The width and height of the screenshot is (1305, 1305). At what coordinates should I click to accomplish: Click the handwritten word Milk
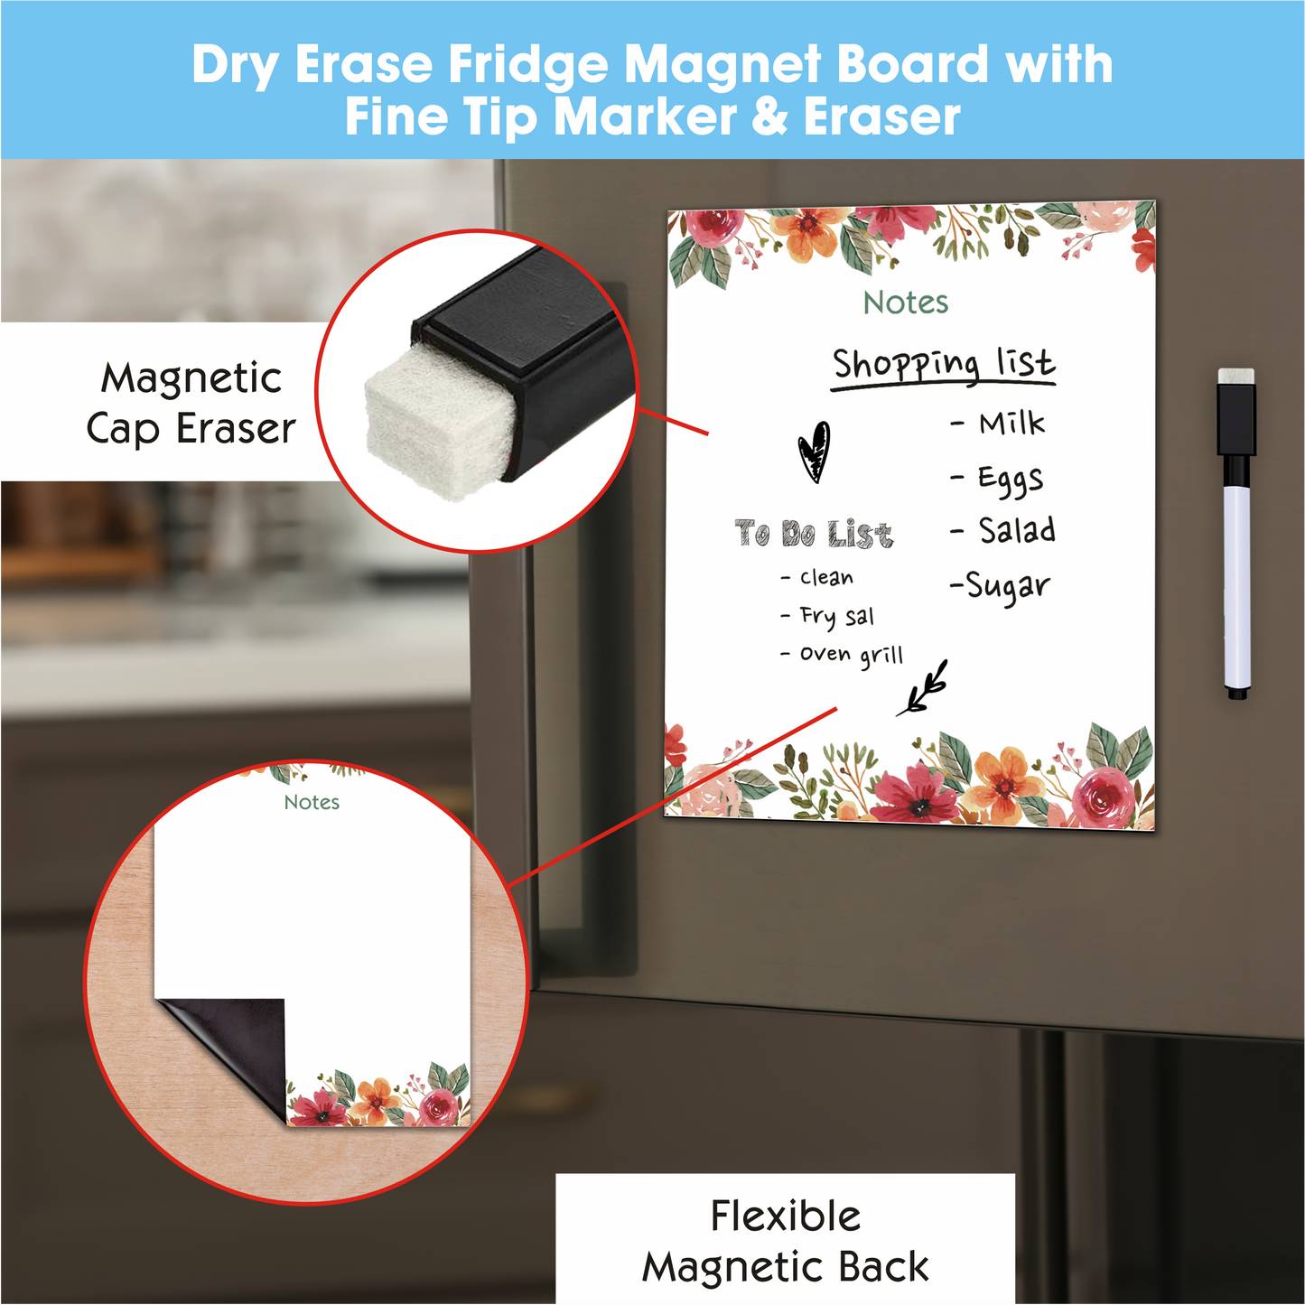pos(1011,424)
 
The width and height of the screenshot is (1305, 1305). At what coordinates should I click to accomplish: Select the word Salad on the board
pos(1017,530)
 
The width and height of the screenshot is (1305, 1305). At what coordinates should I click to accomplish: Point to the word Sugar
pos(1008,586)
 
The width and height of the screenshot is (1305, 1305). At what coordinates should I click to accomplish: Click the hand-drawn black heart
pos(813,452)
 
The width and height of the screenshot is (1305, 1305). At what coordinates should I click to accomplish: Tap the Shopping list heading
pos(944,366)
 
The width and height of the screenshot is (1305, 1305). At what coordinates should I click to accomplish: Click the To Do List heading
pos(814,533)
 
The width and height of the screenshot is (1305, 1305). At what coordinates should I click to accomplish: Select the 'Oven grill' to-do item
pos(852,655)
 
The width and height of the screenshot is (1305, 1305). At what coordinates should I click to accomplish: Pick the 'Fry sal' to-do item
pos(837,616)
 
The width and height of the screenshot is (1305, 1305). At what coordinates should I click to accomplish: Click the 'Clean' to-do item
pos(826,578)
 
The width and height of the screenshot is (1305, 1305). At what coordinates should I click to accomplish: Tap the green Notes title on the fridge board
pos(906,303)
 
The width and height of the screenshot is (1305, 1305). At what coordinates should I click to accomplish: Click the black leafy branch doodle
pos(923,688)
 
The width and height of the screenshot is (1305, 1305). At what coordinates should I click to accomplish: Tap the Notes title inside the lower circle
pos(312,803)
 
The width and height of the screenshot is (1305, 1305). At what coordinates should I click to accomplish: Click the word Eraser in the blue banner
pos(881,117)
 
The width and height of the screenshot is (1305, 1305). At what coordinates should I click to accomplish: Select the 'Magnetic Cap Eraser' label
pos(191,405)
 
